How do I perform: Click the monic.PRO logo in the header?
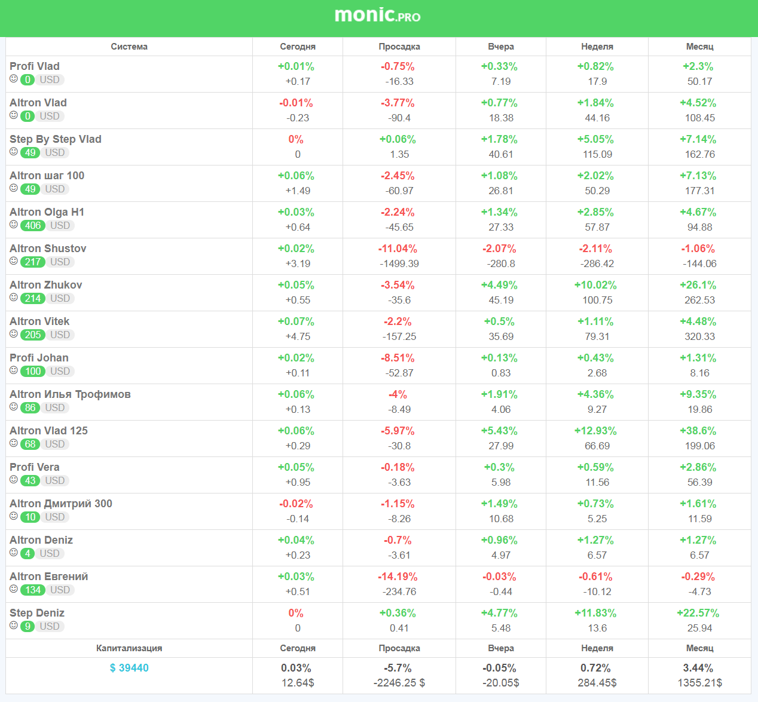pyautogui.click(x=377, y=16)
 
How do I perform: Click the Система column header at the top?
pyautogui.click(x=129, y=47)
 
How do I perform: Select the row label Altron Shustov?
pyautogui.click(x=48, y=249)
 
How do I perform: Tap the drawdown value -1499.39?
pyautogui.click(x=399, y=263)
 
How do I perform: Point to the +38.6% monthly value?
pyautogui.click(x=698, y=431)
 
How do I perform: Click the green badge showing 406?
pyautogui.click(x=33, y=225)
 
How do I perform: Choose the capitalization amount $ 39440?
pyautogui.click(x=129, y=668)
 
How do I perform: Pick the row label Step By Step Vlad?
pyautogui.click(x=56, y=139)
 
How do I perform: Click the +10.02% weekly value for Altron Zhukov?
pyautogui.click(x=595, y=285)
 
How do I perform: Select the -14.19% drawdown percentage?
pyautogui.click(x=398, y=577)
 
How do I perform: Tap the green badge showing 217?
pyautogui.click(x=33, y=262)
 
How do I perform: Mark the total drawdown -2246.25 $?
pyautogui.click(x=399, y=682)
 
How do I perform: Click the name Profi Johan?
pyautogui.click(x=39, y=358)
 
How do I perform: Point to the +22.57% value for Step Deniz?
pyautogui.click(x=698, y=613)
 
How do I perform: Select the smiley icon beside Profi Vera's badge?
pyautogui.click(x=14, y=480)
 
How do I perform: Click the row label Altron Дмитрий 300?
pyautogui.click(x=61, y=504)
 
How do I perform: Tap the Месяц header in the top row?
pyautogui.click(x=699, y=47)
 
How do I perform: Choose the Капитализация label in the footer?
pyautogui.click(x=129, y=648)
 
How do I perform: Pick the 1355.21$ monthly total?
pyautogui.click(x=699, y=682)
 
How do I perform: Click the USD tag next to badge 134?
pyautogui.click(x=60, y=590)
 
